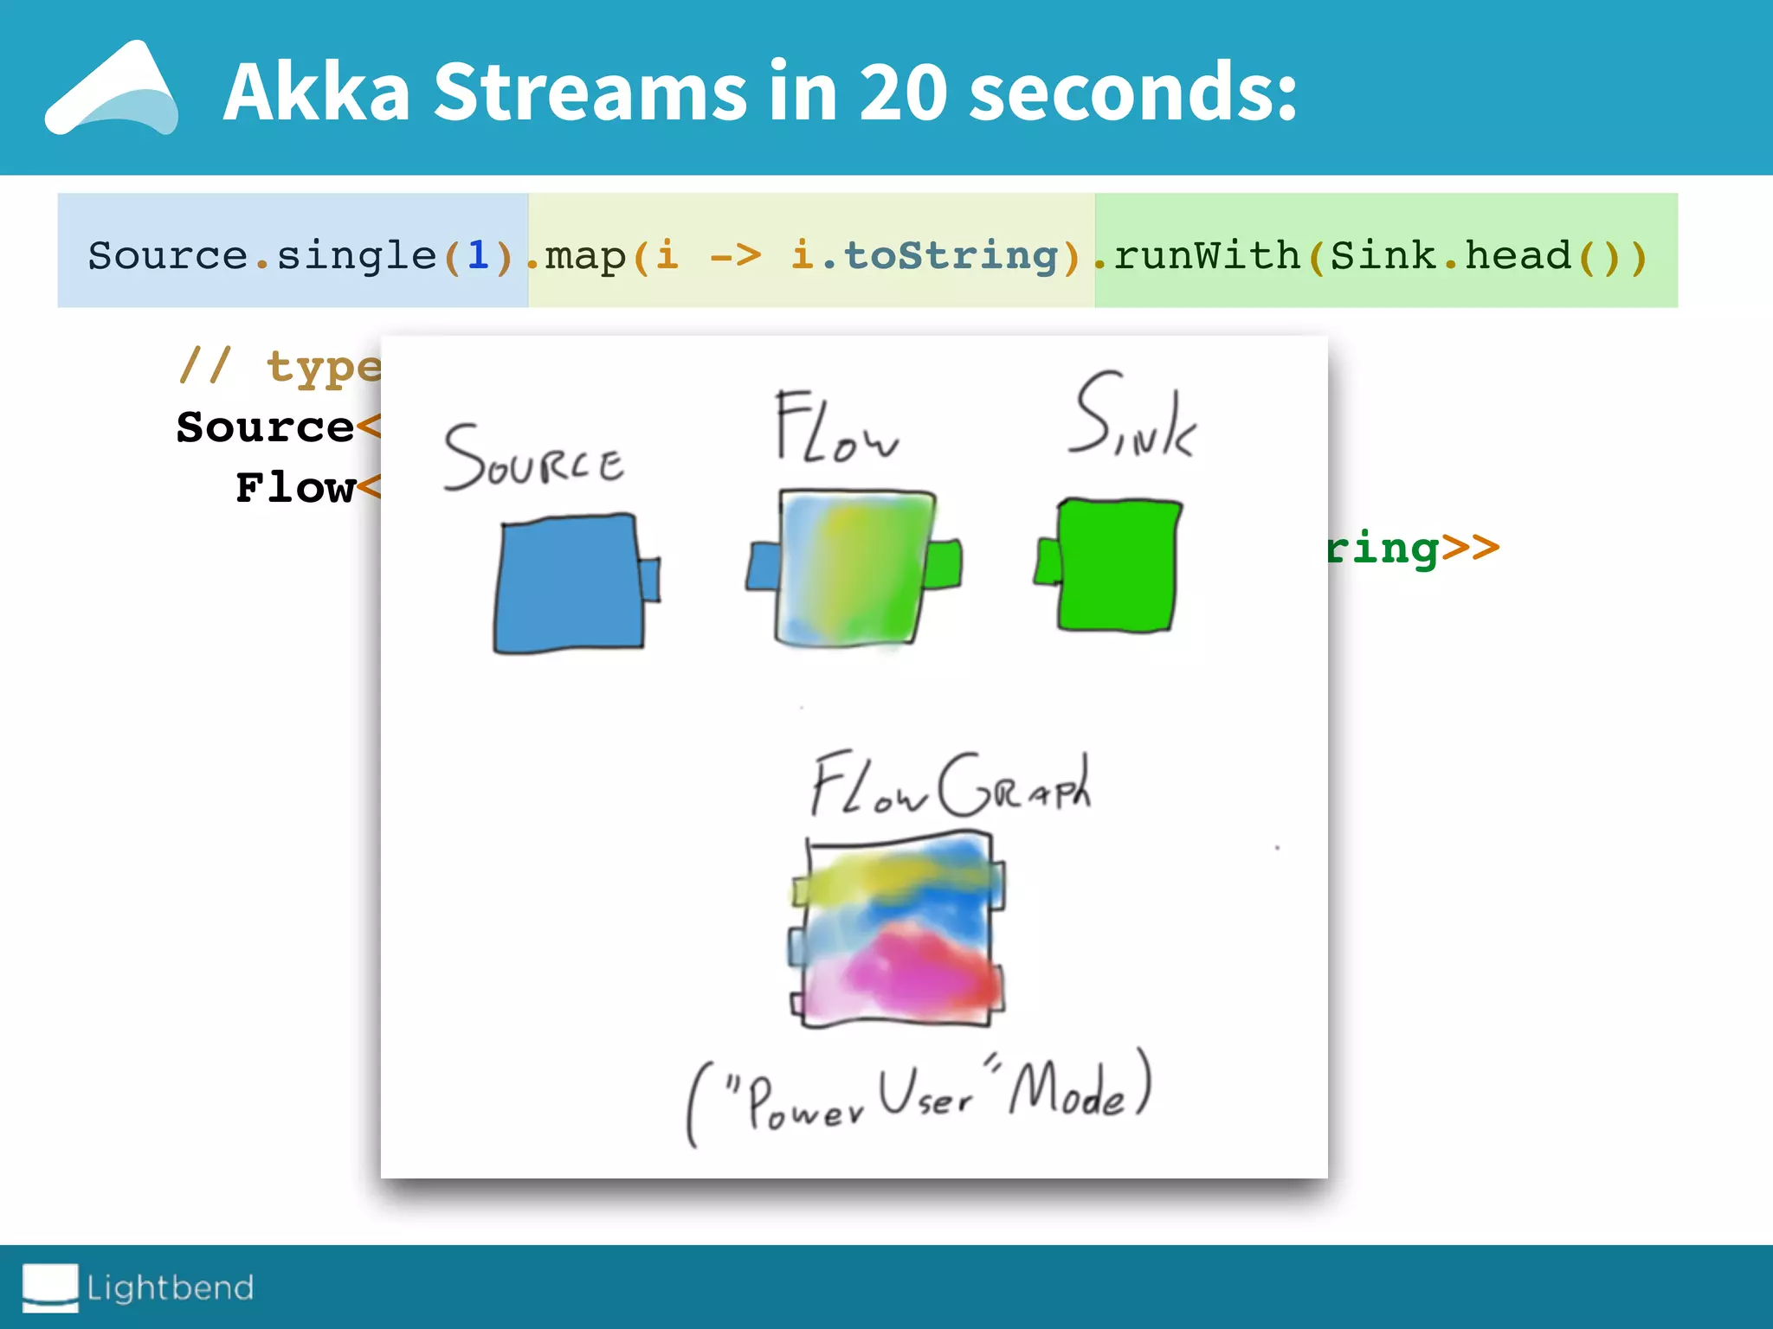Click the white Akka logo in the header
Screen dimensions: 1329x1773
[x=113, y=91]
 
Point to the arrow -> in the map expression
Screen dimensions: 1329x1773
[x=735, y=255]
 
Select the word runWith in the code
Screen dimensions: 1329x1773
[x=1207, y=255]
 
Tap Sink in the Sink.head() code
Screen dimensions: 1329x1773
[x=1383, y=255]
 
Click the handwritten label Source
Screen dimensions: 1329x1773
[x=533, y=459]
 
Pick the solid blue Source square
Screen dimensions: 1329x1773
[x=567, y=584]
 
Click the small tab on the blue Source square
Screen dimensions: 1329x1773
[x=650, y=580]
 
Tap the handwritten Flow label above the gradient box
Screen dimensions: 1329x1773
[x=835, y=428]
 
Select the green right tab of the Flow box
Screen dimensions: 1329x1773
[x=944, y=564]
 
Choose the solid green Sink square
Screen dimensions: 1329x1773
[x=1117, y=564]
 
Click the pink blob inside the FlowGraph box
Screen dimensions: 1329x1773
[x=909, y=969]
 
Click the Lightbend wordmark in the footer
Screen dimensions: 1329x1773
[x=170, y=1287]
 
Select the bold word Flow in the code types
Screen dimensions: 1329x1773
[x=295, y=488]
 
